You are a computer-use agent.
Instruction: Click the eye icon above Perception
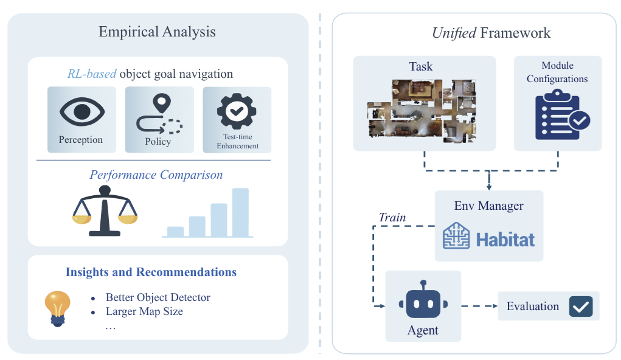(82, 112)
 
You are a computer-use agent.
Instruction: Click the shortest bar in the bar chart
(175, 231)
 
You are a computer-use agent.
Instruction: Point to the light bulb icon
(58, 307)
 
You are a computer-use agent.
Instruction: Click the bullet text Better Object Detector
(158, 297)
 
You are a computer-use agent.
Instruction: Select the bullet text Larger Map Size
(144, 311)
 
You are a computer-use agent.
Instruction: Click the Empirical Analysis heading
(157, 32)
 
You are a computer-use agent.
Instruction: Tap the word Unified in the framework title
(454, 33)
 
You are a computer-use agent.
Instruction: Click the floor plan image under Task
(425, 109)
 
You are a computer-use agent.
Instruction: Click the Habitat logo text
(505, 239)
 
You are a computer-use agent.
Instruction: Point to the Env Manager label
(488, 206)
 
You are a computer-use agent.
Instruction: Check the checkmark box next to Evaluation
(580, 306)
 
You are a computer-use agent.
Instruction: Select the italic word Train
(392, 217)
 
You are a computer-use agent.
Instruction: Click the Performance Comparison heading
(156, 175)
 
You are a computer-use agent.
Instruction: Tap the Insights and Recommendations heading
(151, 272)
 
